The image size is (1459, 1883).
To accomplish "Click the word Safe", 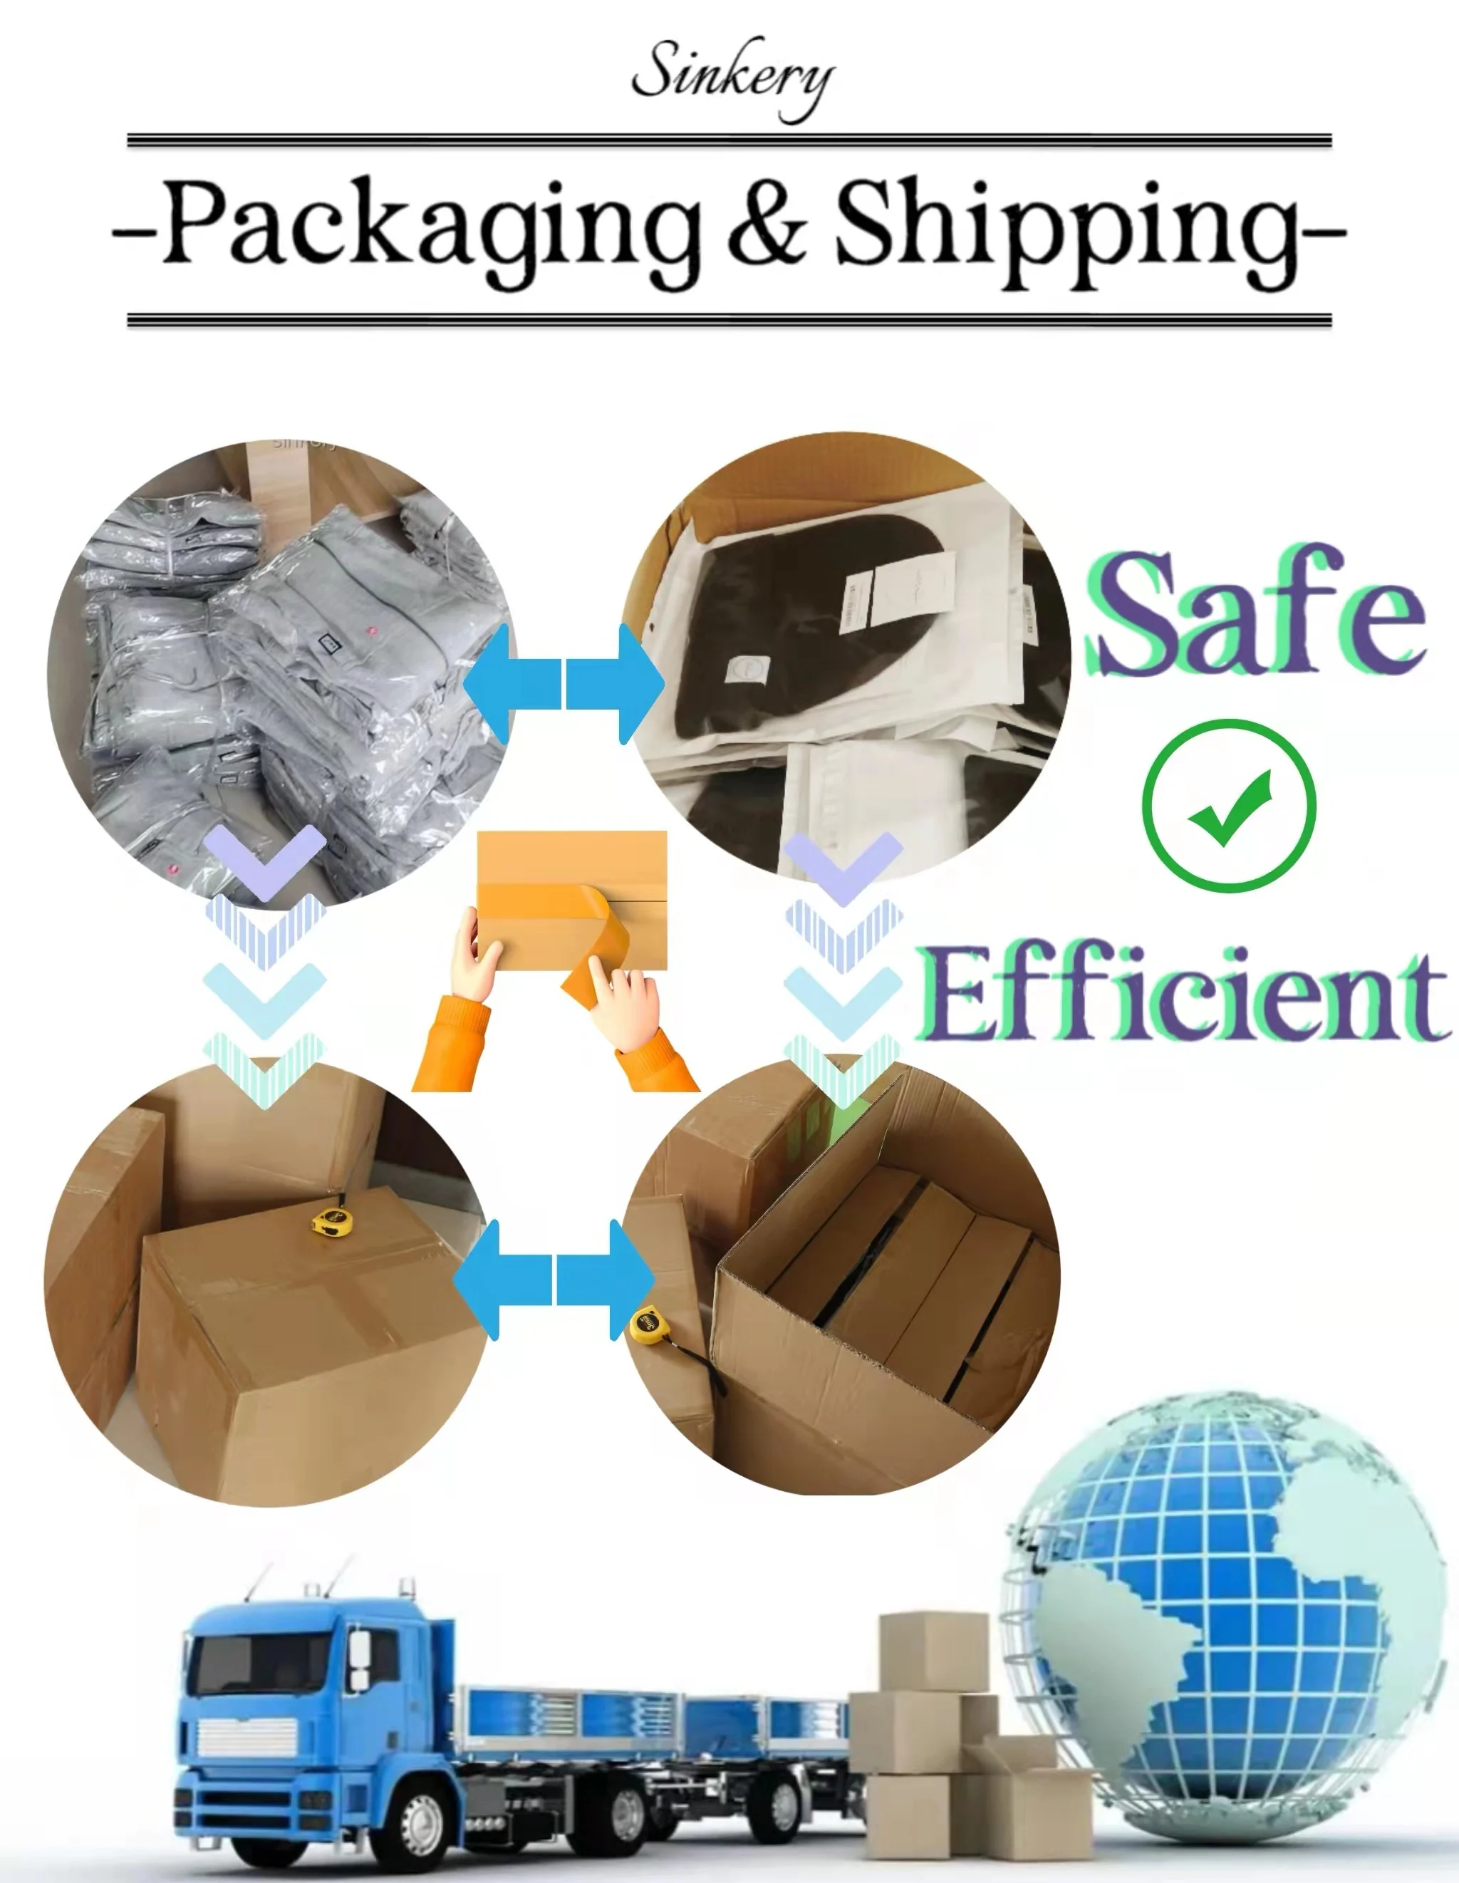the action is (1255, 614).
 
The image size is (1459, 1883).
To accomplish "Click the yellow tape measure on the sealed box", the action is (332, 1220).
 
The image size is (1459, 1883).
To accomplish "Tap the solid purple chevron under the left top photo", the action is (265, 858).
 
